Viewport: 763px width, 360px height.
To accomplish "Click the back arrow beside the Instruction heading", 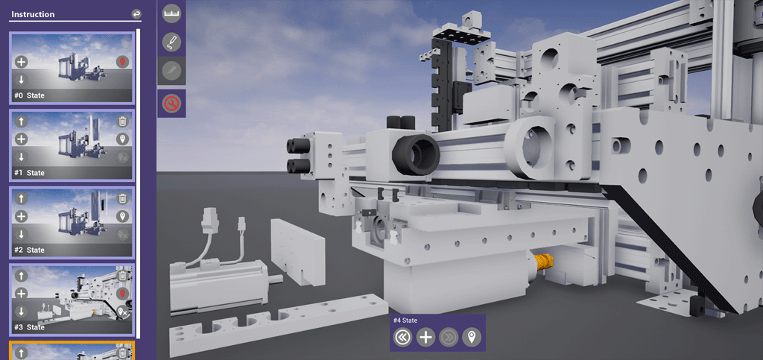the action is click(x=136, y=14).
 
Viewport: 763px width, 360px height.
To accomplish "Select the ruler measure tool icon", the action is click(x=172, y=14).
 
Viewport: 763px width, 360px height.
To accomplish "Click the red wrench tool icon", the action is click(x=172, y=103).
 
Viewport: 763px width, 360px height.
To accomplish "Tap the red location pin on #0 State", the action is click(x=123, y=62).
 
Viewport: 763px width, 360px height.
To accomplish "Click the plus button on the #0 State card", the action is click(x=21, y=62).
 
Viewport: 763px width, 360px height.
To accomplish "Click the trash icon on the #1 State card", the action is click(x=123, y=121).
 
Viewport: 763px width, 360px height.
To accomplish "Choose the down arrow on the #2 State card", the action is click(x=21, y=234).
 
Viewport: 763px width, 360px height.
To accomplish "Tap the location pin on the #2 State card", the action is click(x=123, y=216).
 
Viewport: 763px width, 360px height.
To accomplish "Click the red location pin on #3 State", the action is click(x=123, y=294).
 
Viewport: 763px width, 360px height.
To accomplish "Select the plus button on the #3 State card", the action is click(x=21, y=294).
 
